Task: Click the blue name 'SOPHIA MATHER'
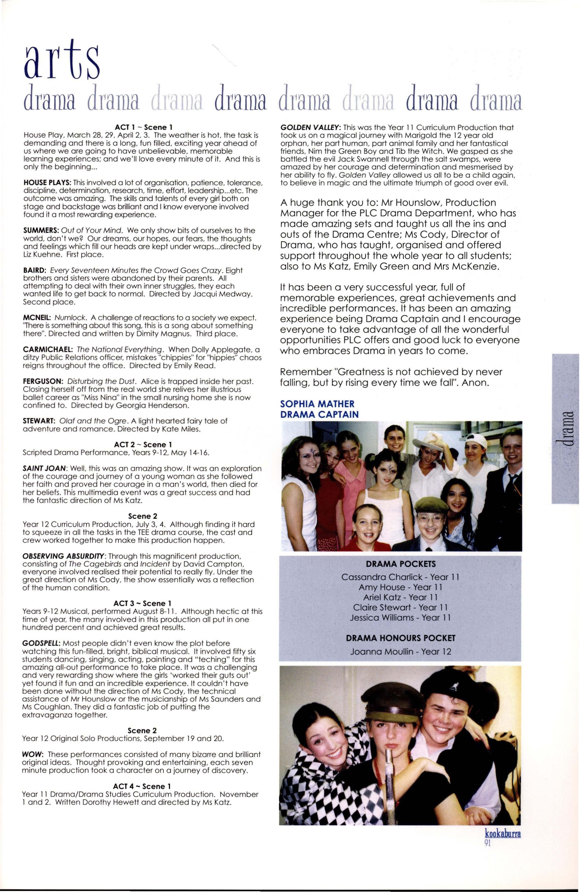317,404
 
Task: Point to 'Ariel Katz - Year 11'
400,597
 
